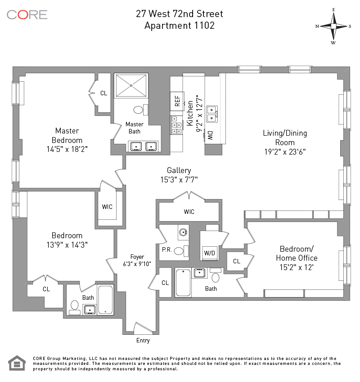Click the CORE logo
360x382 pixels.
coord(27,15)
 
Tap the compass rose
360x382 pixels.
coord(333,27)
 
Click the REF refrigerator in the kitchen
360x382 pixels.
coord(177,101)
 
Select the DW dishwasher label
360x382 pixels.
coord(210,135)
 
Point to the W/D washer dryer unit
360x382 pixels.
coord(209,253)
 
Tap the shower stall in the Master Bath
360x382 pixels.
coord(131,85)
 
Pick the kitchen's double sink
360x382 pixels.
coord(211,114)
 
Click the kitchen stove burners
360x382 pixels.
coord(176,125)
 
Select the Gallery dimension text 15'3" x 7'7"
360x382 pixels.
coord(179,180)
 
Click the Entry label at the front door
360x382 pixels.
coord(143,340)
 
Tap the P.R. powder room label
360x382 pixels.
coord(167,250)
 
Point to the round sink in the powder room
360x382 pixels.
coord(183,232)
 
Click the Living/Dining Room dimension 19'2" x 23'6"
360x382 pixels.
coord(285,152)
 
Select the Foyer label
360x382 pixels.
coord(137,257)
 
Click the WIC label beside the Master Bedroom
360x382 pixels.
coord(107,207)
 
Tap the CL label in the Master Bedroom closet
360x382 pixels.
coord(103,93)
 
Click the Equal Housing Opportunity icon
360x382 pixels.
coord(17,363)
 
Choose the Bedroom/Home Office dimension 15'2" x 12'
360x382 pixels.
coord(297,267)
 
